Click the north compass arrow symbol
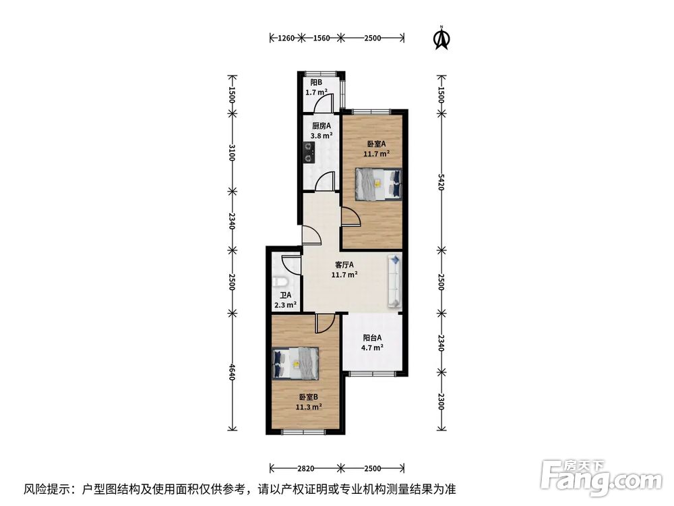441,38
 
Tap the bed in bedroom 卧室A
378,184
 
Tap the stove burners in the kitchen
309,153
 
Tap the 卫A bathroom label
285,296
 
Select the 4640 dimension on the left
231,371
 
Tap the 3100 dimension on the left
231,154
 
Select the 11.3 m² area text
308,406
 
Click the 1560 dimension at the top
321,38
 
